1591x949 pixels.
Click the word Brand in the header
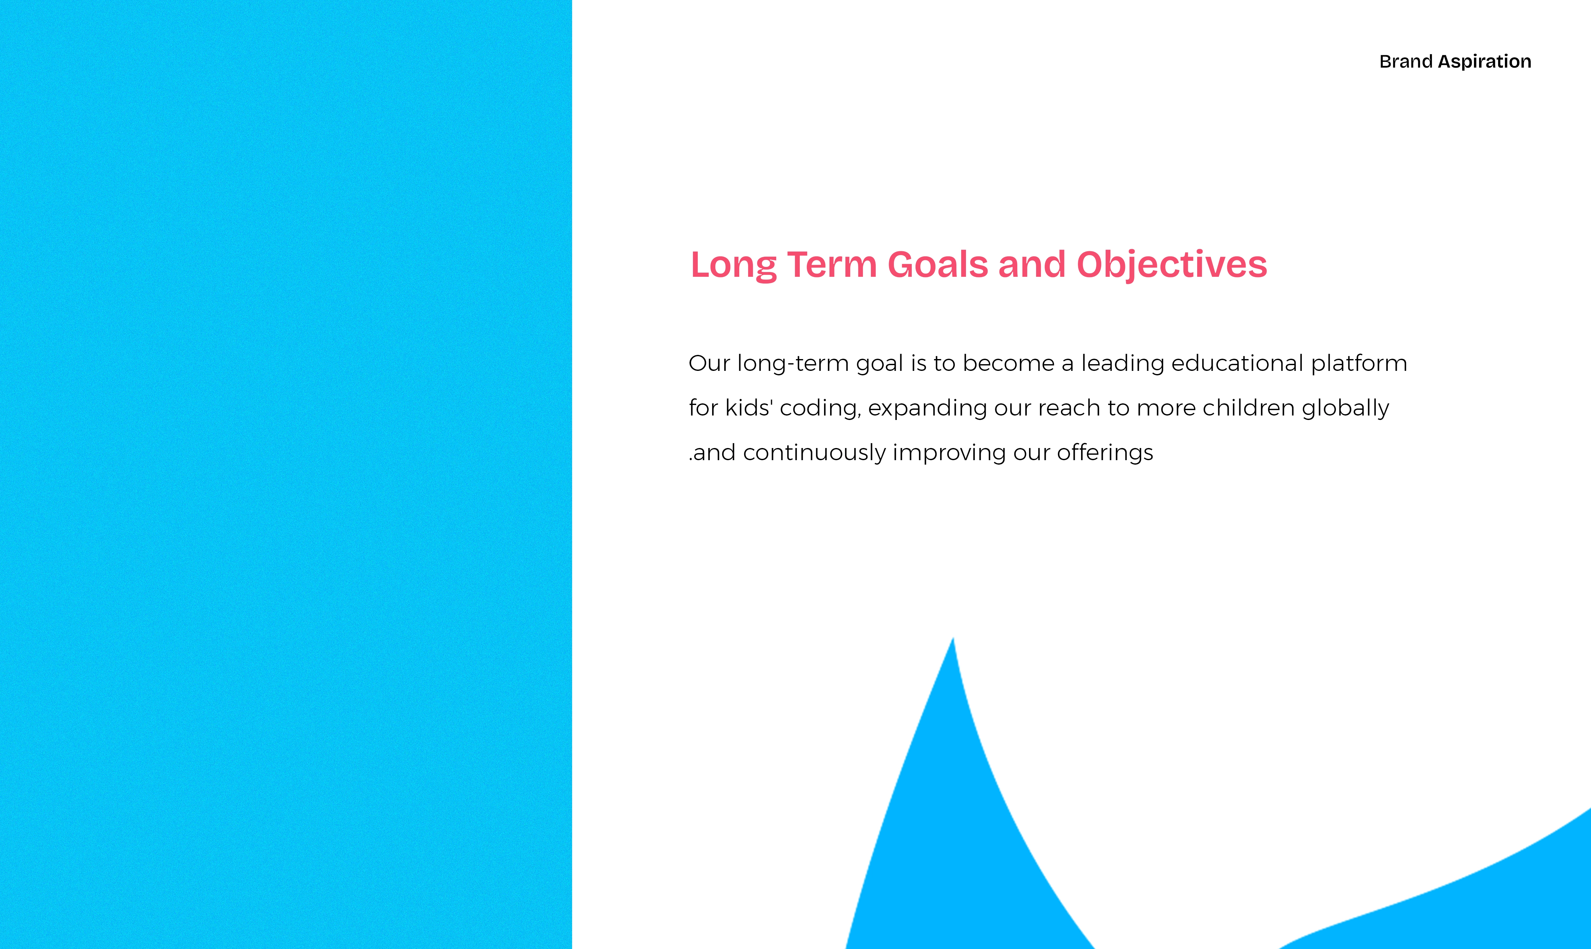pyautogui.click(x=1405, y=62)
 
